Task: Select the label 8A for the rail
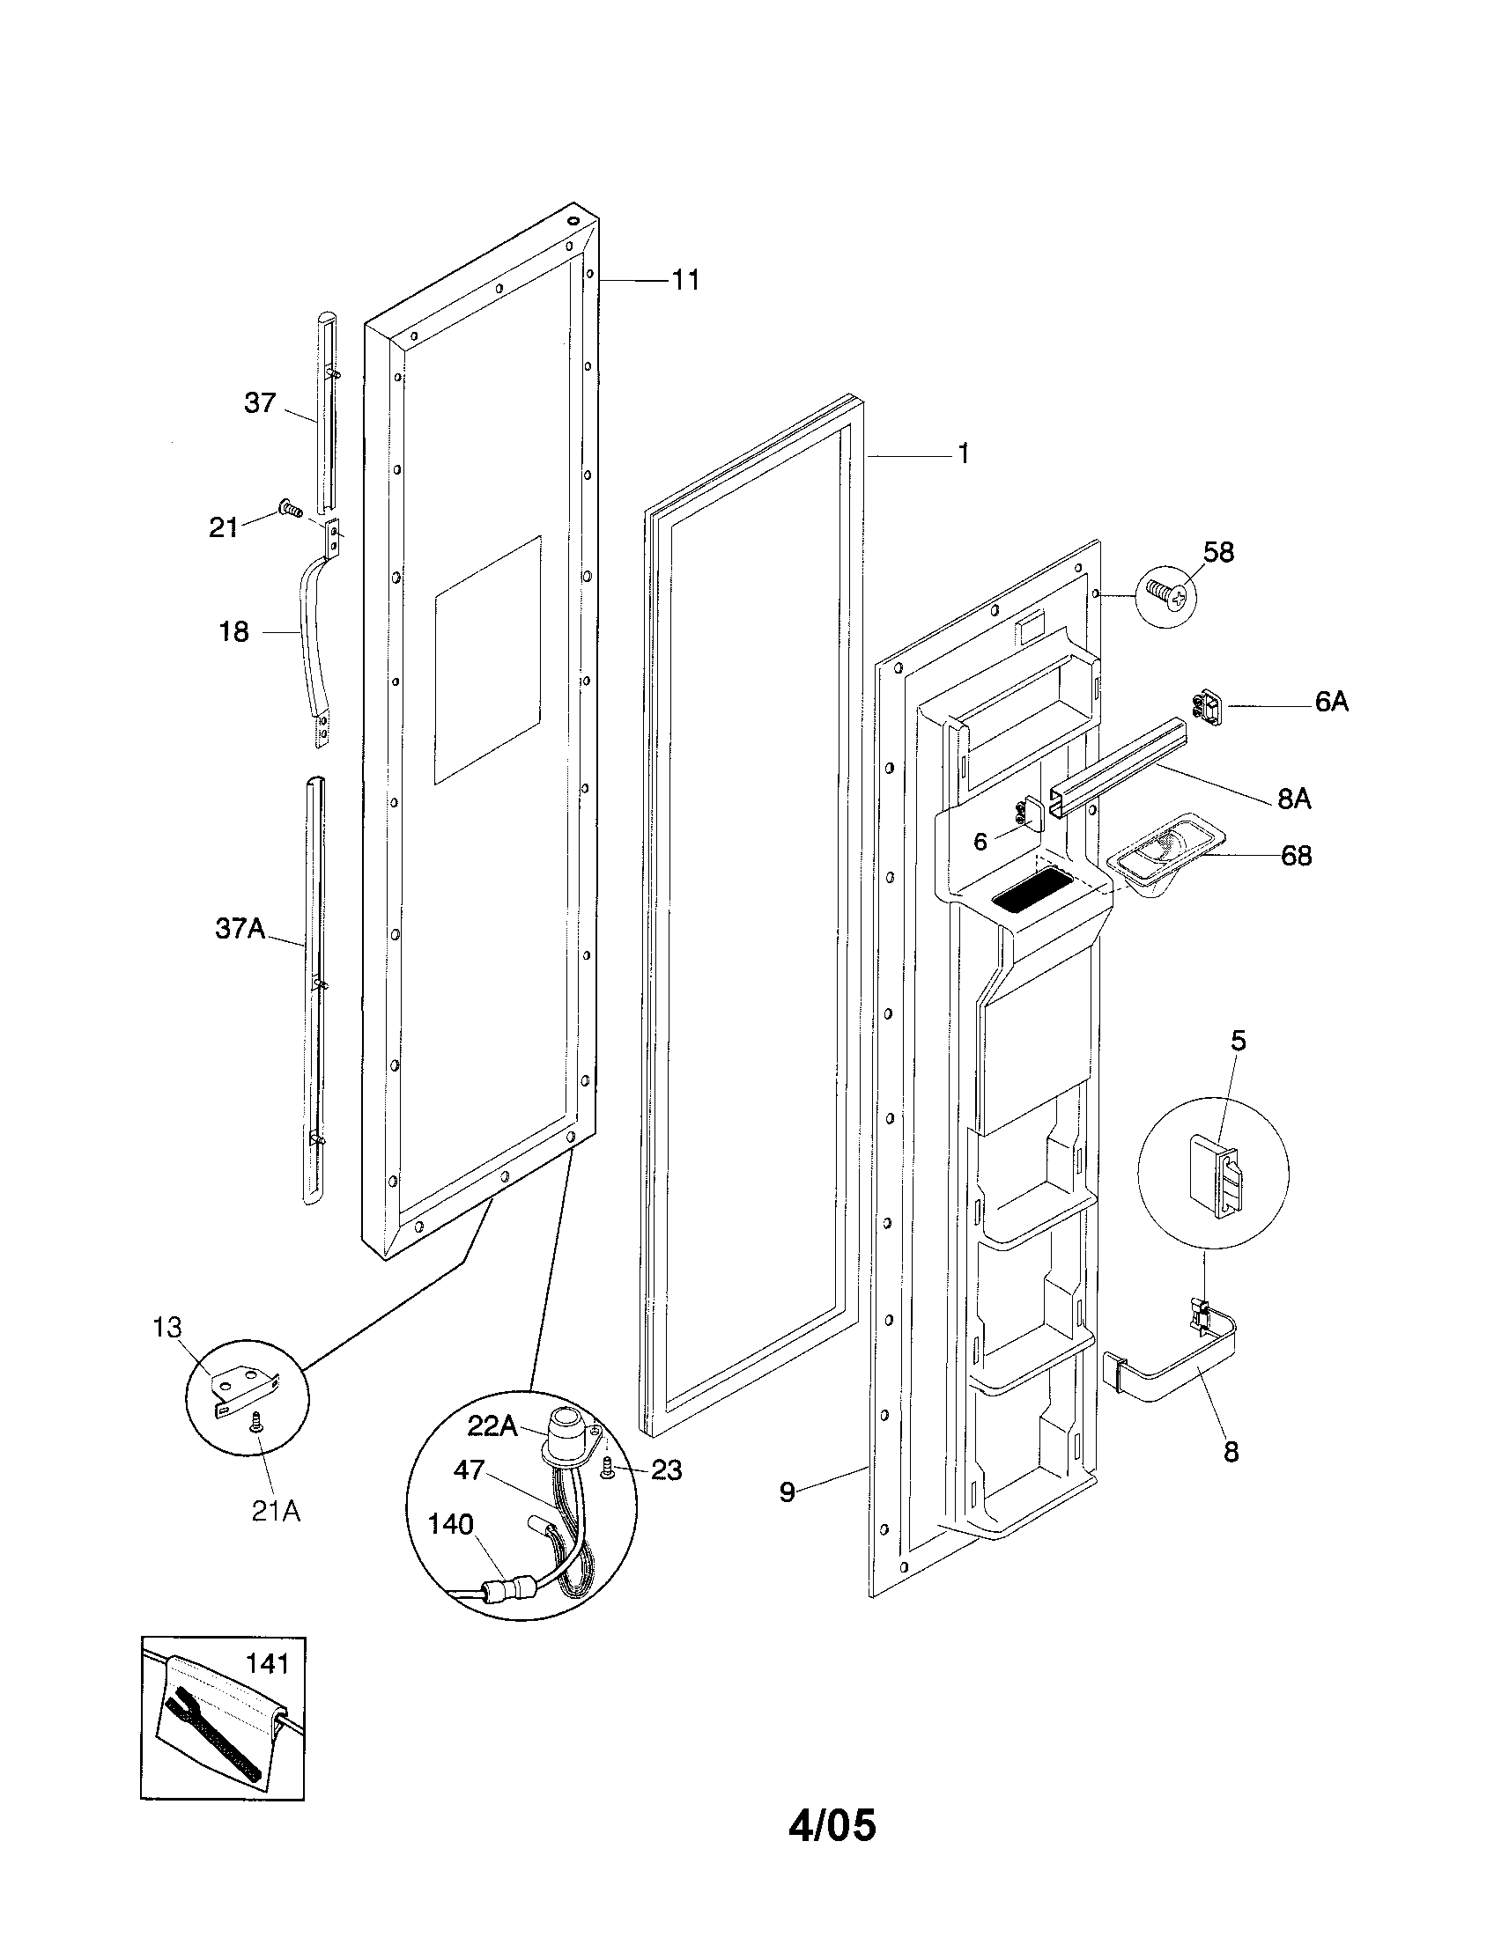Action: (x=1293, y=799)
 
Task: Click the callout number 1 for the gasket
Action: (x=963, y=454)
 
